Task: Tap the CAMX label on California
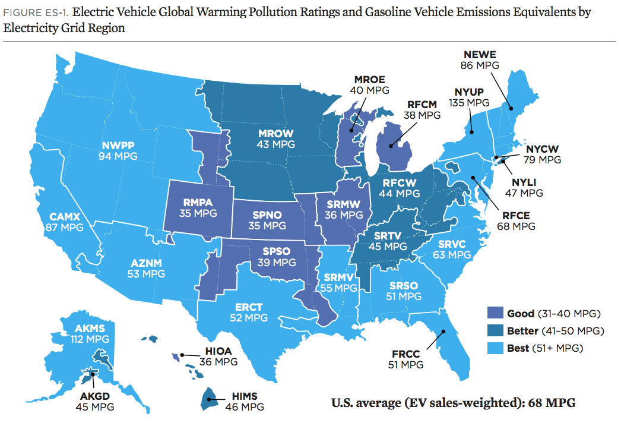coord(64,222)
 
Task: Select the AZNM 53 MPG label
coord(146,268)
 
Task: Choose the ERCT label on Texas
coord(249,313)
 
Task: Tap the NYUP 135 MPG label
coord(473,97)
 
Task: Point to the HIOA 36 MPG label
coord(218,356)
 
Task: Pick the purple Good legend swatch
coord(494,313)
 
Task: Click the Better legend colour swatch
coord(494,330)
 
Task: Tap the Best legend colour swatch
coord(494,348)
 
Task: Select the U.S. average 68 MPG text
coord(452,403)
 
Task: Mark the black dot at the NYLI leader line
coord(502,161)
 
